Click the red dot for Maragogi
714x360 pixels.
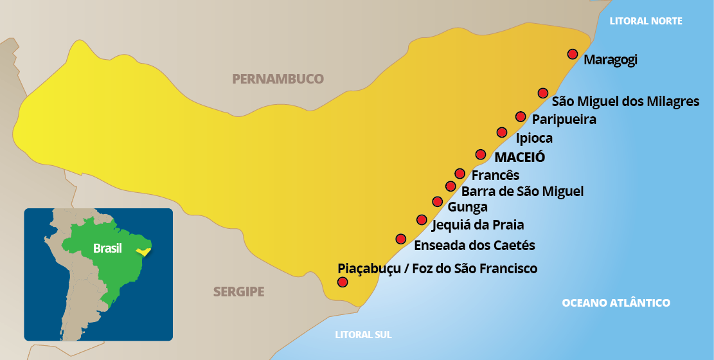coord(572,54)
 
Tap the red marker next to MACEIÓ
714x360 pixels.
coord(480,154)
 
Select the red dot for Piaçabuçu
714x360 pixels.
coord(343,282)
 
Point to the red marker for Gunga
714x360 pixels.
coord(438,202)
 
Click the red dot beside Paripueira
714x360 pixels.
coord(521,116)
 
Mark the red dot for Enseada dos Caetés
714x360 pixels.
coord(401,239)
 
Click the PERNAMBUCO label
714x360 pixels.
coord(278,79)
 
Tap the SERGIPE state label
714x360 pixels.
coord(238,292)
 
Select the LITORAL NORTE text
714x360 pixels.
coord(645,21)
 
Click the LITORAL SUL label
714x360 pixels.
coord(363,334)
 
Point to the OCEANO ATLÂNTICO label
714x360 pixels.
coord(616,303)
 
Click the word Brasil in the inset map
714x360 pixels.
coord(107,248)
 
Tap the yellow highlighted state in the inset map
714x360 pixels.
coord(145,251)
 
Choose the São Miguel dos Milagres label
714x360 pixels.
coord(625,102)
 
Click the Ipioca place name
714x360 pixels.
coord(534,138)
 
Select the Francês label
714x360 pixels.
coord(495,175)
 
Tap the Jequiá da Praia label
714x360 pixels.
coord(477,225)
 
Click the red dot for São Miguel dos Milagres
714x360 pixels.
coord(543,93)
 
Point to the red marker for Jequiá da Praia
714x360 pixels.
coord(422,220)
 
